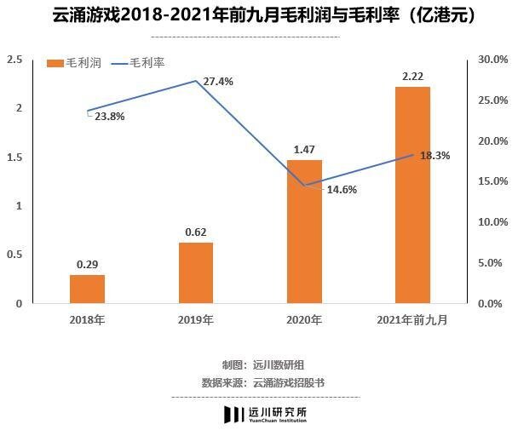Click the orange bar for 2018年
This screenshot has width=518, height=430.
[87, 289]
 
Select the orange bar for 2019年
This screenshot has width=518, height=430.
[196, 272]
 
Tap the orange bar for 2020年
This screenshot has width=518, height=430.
[304, 231]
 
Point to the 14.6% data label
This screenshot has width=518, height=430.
[342, 190]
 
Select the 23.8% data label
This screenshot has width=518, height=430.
[109, 118]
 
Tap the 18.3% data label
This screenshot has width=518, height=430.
[435, 156]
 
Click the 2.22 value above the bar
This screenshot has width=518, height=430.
[412, 77]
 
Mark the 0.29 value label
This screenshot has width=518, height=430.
[87, 265]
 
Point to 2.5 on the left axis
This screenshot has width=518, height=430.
[14, 59]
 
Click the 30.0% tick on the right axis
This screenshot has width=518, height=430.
[492, 59]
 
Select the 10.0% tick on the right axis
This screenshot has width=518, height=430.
[492, 221]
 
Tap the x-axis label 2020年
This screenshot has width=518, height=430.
[304, 319]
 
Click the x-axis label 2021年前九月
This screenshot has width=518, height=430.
[412, 319]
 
